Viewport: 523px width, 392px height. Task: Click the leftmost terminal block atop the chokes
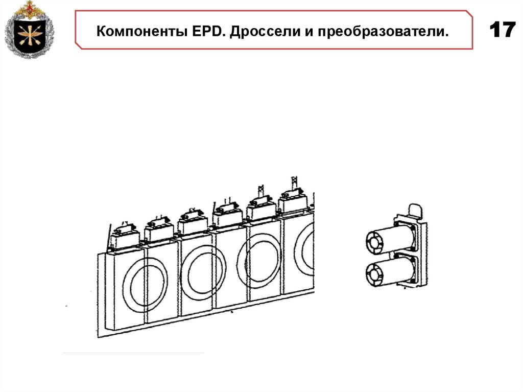(124, 237)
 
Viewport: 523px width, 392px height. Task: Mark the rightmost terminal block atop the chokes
(295, 200)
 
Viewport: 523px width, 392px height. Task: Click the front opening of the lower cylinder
(375, 274)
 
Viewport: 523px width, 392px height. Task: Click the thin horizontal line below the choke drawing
(133, 353)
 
